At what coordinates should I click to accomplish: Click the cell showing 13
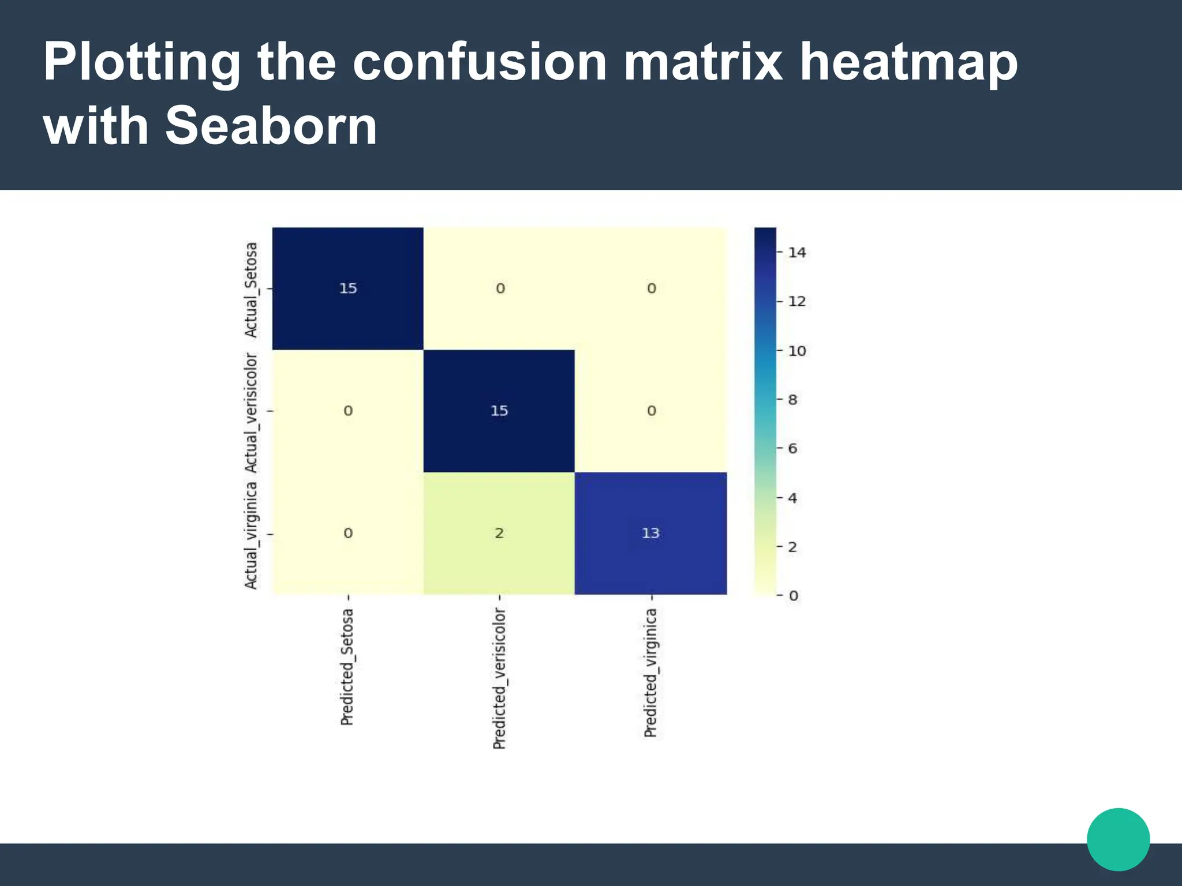click(650, 533)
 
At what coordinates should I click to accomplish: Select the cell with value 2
click(499, 533)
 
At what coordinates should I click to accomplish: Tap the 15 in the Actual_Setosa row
click(348, 288)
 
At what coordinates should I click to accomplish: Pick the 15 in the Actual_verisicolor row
click(499, 411)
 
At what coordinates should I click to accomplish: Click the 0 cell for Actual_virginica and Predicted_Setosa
click(348, 533)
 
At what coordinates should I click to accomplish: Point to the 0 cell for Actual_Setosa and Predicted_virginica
click(651, 288)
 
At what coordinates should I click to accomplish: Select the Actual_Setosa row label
click(251, 290)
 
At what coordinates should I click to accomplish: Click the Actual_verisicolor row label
click(251, 412)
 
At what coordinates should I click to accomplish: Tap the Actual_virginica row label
click(251, 535)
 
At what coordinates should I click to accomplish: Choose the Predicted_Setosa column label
click(347, 667)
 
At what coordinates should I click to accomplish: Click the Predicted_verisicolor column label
click(499, 678)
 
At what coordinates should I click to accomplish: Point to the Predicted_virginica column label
click(650, 673)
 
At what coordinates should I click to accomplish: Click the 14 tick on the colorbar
click(797, 253)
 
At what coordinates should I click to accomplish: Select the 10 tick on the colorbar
click(797, 351)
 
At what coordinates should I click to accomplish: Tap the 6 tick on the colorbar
click(793, 449)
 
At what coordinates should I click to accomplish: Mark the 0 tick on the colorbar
click(794, 595)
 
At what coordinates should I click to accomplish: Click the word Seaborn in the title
click(271, 126)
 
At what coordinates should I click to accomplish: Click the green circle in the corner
click(1118, 839)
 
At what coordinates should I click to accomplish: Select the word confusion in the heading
click(479, 62)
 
